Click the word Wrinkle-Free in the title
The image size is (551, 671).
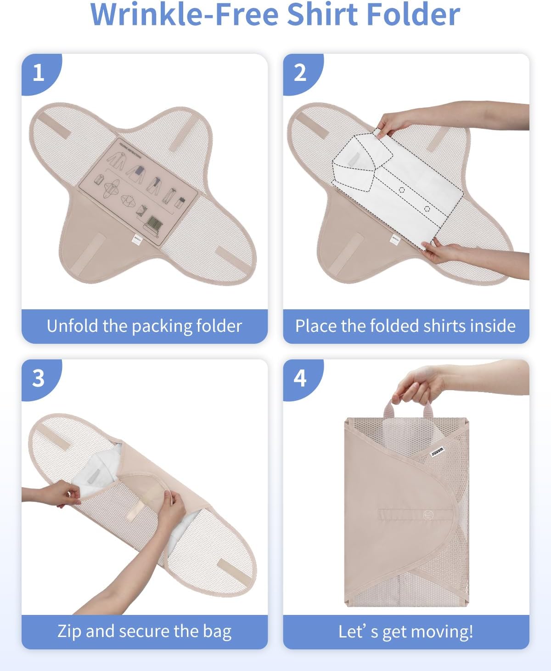185,15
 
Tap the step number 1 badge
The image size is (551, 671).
39,73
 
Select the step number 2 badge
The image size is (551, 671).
300,73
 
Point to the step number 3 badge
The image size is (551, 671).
39,378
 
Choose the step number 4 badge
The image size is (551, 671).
300,378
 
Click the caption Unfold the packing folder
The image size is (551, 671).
144,326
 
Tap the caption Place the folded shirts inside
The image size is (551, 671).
405,326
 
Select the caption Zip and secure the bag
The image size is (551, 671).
144,631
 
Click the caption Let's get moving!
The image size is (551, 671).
405,631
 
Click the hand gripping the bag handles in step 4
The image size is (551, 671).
418,386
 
